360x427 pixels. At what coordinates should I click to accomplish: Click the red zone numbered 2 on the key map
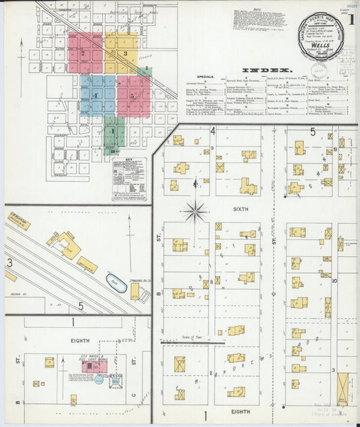(x=85, y=53)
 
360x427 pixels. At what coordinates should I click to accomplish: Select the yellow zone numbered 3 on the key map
(x=122, y=53)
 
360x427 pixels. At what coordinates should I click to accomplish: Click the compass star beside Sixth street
(x=195, y=211)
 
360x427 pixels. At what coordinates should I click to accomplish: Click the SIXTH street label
(x=242, y=210)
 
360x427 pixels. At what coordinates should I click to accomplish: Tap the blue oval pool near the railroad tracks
(x=115, y=284)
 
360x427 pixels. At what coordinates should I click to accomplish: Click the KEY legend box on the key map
(x=128, y=180)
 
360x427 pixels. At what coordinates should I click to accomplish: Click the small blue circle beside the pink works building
(x=99, y=380)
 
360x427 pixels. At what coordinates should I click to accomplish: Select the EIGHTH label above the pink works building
(x=80, y=341)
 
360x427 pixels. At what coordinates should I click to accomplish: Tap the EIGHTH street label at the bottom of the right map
(x=241, y=411)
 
